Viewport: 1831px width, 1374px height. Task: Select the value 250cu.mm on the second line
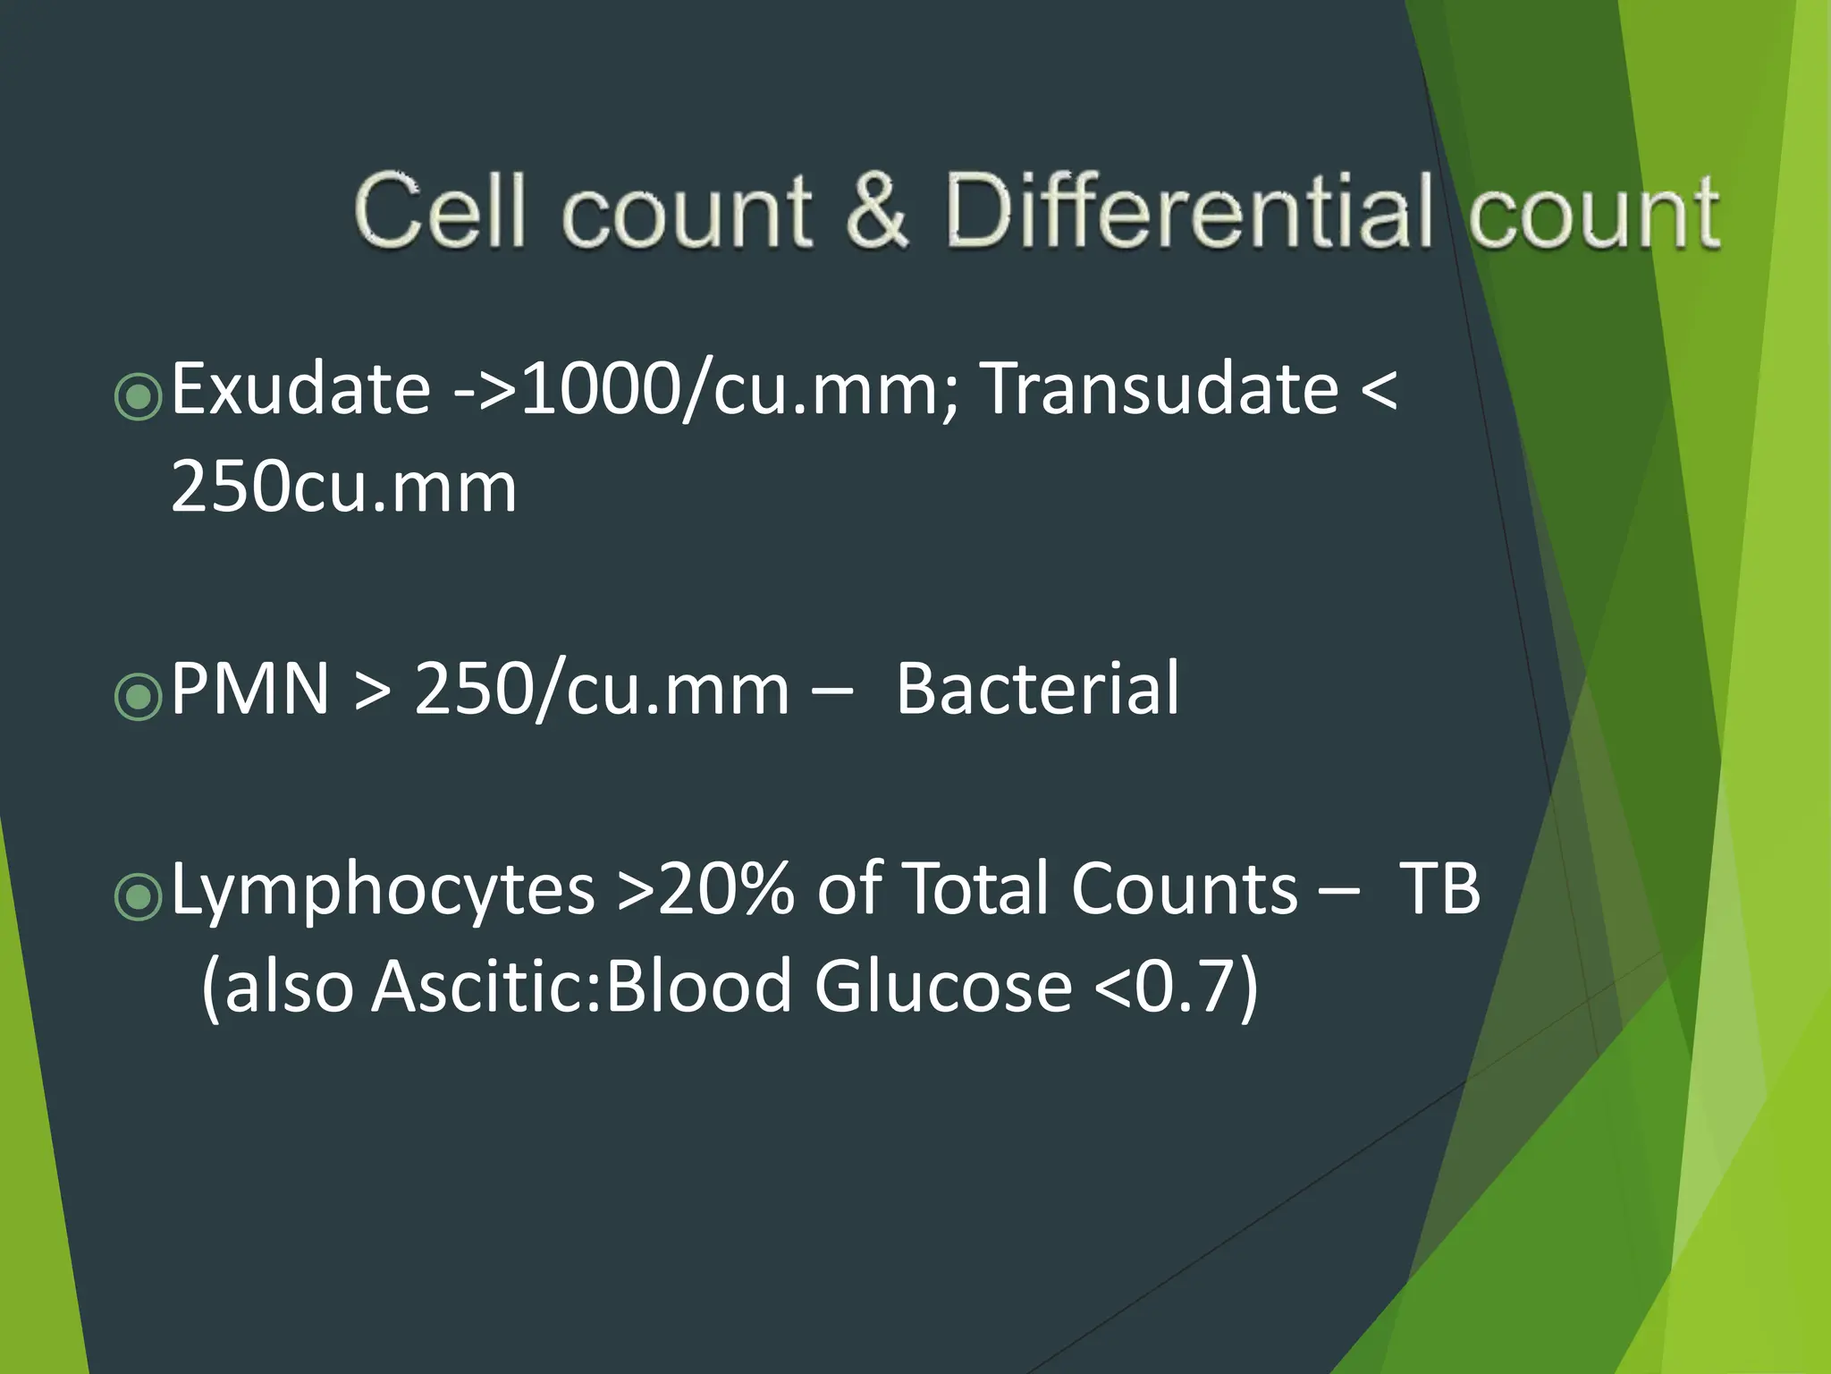[343, 488]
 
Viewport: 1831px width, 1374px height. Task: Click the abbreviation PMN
[249, 689]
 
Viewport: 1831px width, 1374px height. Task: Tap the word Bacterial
[1037, 689]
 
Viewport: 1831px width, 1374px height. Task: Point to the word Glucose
[942, 987]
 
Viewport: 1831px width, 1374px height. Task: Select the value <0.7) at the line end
[1175, 987]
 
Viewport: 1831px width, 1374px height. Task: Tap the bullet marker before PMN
[139, 695]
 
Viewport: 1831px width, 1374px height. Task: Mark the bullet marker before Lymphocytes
[139, 895]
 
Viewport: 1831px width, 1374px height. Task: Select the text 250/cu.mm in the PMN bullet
[602, 689]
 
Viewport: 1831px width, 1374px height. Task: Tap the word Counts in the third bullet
[1185, 889]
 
